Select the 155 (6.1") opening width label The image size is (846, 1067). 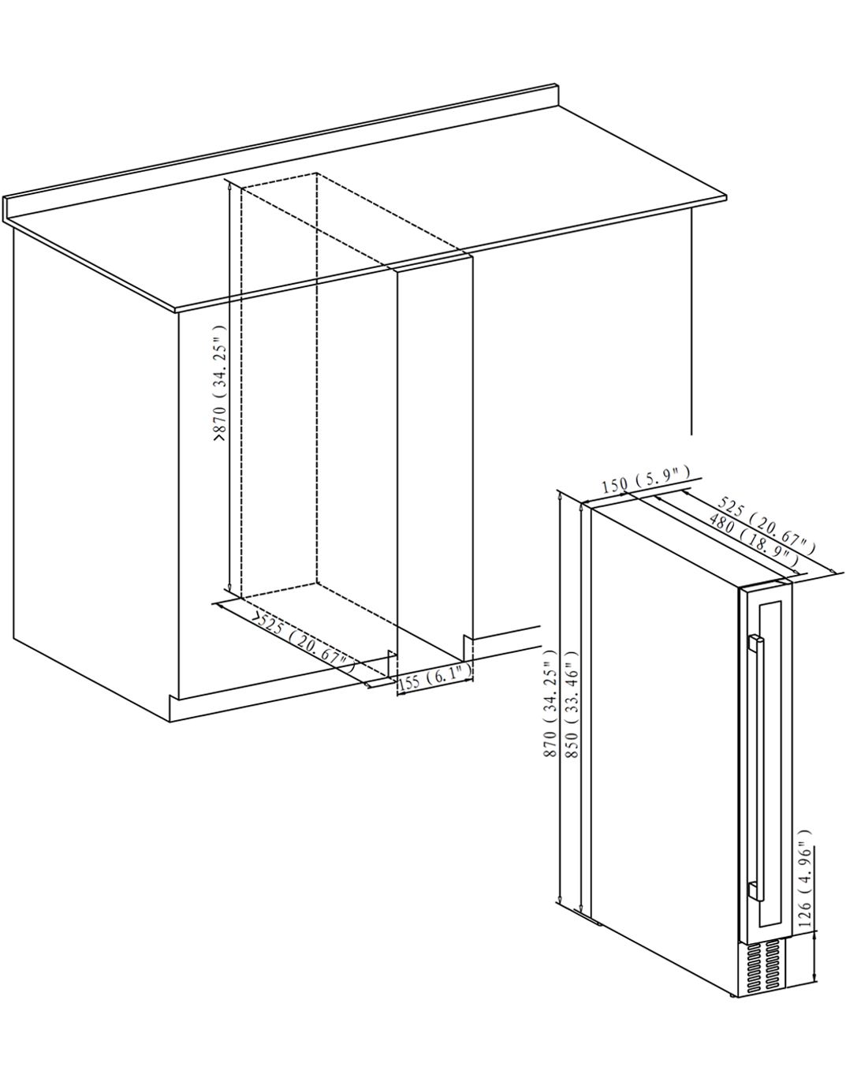tap(434, 679)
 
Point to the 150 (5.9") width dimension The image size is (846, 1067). tap(646, 479)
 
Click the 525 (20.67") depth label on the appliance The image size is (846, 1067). tap(767, 525)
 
